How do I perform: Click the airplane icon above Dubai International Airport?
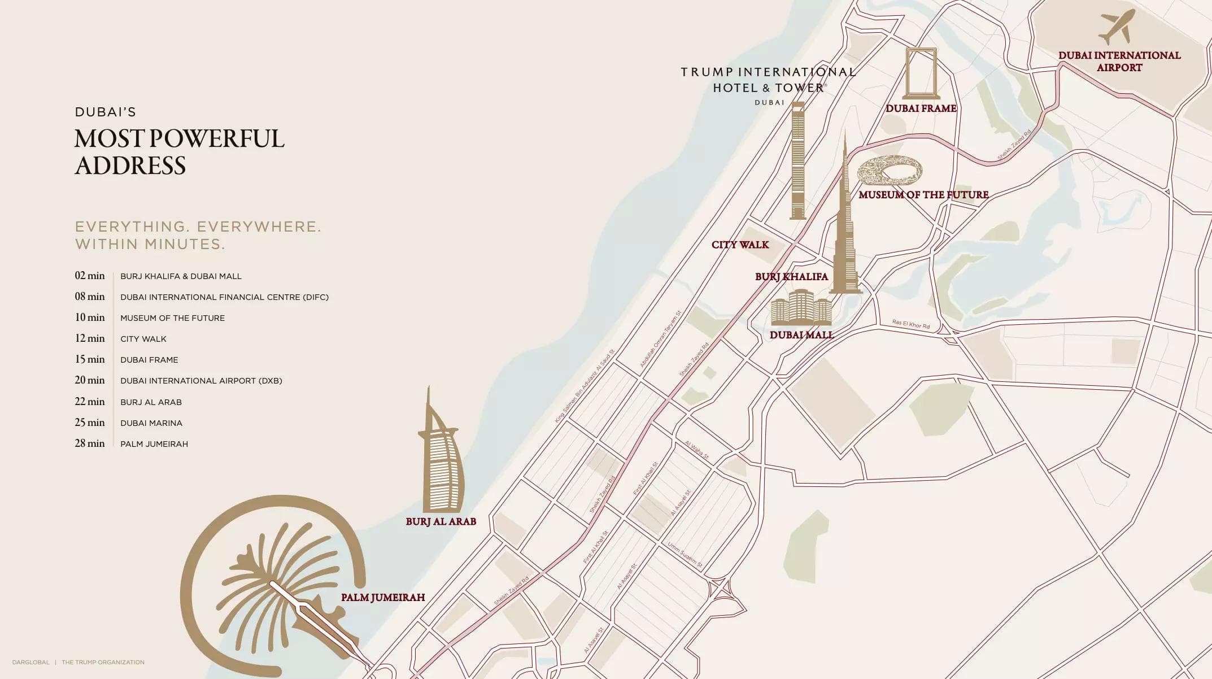click(1117, 27)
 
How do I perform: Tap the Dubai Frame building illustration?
click(921, 73)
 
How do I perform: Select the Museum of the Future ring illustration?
click(890, 171)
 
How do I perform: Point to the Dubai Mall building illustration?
click(801, 307)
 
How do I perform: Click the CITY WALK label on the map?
click(740, 245)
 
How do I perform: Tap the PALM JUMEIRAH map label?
click(382, 597)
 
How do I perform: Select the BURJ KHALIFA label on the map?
click(791, 276)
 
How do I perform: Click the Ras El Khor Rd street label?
click(910, 324)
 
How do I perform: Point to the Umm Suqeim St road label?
click(685, 555)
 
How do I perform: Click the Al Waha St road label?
click(696, 450)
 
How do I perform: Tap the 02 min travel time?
click(90, 276)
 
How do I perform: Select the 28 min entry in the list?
click(90, 443)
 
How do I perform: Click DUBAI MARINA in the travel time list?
click(151, 423)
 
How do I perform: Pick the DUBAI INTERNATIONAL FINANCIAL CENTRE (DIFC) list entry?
click(224, 297)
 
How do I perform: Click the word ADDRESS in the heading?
click(130, 166)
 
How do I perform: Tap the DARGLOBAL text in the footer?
click(30, 662)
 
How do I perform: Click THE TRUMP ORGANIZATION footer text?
click(103, 662)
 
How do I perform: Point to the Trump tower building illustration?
click(797, 161)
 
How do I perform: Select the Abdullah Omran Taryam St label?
click(661, 339)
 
